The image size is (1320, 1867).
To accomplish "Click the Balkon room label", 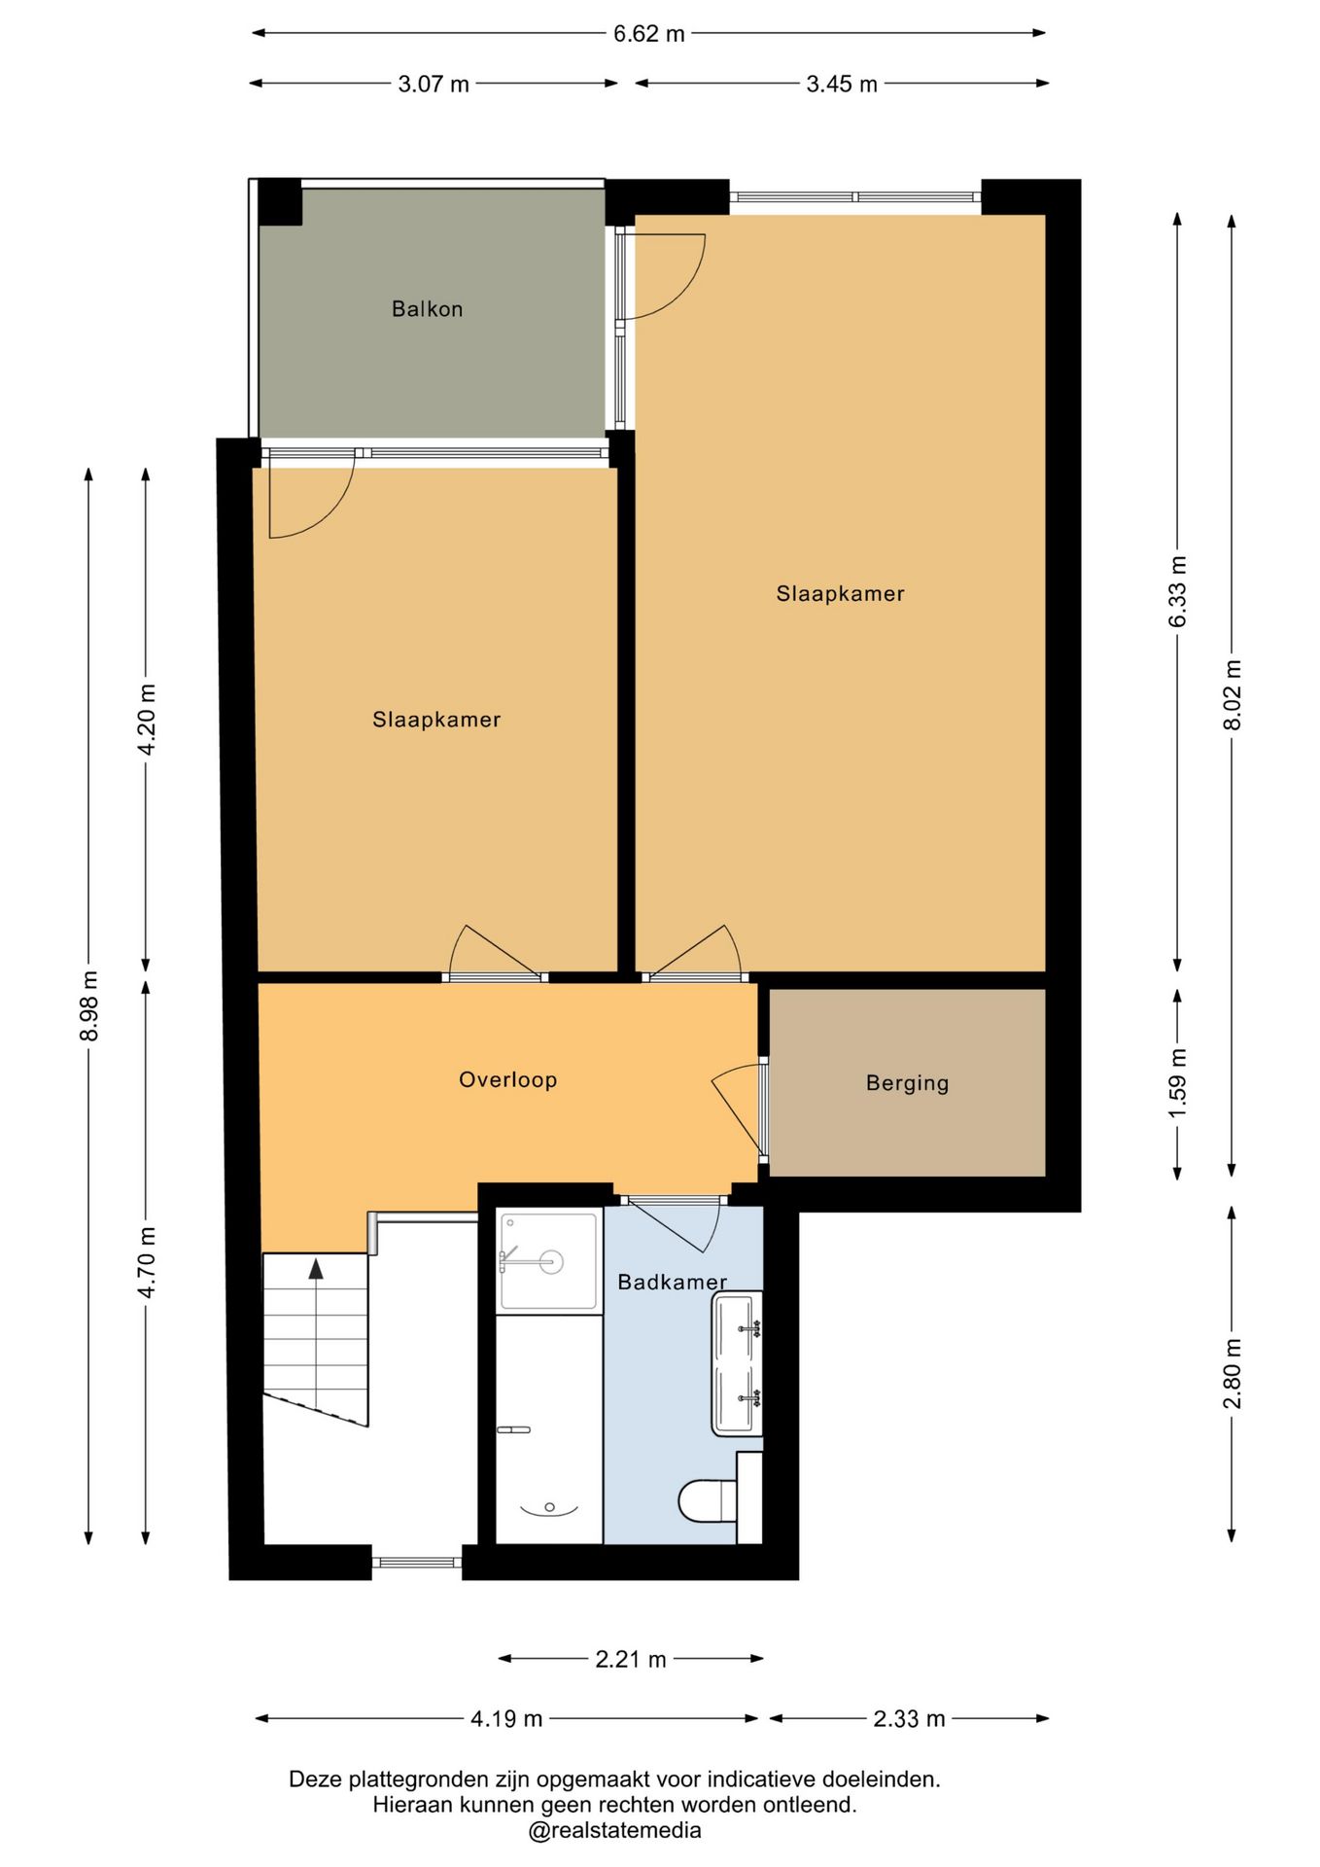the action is click(427, 309).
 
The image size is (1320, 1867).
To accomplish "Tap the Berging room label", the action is click(907, 1083).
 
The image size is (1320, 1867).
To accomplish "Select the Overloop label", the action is click(507, 1079).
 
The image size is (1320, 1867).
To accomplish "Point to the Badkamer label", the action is click(672, 1282).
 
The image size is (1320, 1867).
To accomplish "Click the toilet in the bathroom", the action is click(709, 1500).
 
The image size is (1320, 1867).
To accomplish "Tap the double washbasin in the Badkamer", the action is click(737, 1363).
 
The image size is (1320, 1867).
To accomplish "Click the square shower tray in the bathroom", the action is click(548, 1261).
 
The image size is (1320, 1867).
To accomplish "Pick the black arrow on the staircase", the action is click(316, 1269).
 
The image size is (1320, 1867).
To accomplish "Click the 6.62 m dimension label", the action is click(648, 34).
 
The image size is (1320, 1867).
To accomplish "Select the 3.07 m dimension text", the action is click(434, 85).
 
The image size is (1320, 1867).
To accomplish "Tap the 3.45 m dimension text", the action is click(842, 85).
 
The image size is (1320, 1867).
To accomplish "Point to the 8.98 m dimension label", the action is click(89, 1005).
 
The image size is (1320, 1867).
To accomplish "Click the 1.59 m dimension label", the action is click(1177, 1082).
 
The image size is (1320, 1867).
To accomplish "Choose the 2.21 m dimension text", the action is click(631, 1659).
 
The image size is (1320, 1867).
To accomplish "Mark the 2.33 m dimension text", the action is click(909, 1719).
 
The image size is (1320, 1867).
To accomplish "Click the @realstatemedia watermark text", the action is click(614, 1830).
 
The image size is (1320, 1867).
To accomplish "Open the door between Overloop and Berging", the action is click(738, 1109).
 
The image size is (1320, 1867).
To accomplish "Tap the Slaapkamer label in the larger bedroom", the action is click(840, 593).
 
